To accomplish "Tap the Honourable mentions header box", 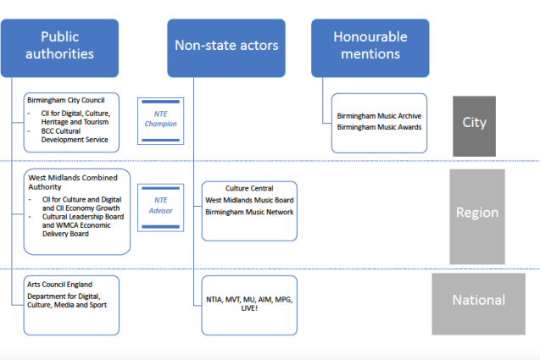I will coord(370,46).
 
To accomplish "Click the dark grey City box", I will coord(474,123).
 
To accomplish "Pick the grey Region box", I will coord(476,213).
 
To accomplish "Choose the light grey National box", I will coord(479,300).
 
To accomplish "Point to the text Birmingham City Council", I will coord(64,100).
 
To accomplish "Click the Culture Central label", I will coord(249,188).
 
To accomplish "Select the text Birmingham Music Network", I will coord(249,212).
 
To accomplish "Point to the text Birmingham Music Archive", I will coord(379,116).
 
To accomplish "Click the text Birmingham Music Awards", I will coord(379,127).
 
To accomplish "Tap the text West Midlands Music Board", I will coord(249,200).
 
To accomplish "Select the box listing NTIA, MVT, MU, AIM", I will coord(249,305).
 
